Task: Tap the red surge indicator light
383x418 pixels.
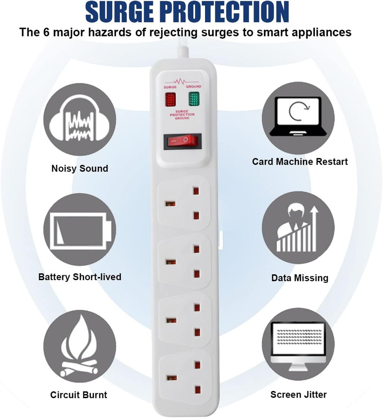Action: click(x=170, y=100)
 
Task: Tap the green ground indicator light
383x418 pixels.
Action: click(x=194, y=99)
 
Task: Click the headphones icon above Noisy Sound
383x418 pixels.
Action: click(x=79, y=118)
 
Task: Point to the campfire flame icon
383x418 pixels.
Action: click(x=79, y=346)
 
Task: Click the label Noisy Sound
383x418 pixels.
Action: click(x=80, y=168)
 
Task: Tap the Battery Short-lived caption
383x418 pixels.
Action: click(x=80, y=277)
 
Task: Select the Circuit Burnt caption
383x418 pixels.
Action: click(x=79, y=395)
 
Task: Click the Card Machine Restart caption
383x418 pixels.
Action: click(x=300, y=162)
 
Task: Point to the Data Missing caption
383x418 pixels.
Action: click(x=300, y=278)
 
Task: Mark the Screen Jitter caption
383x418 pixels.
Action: click(x=298, y=395)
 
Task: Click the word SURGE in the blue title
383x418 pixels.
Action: click(x=120, y=12)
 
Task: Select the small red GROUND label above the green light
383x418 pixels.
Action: click(x=194, y=86)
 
